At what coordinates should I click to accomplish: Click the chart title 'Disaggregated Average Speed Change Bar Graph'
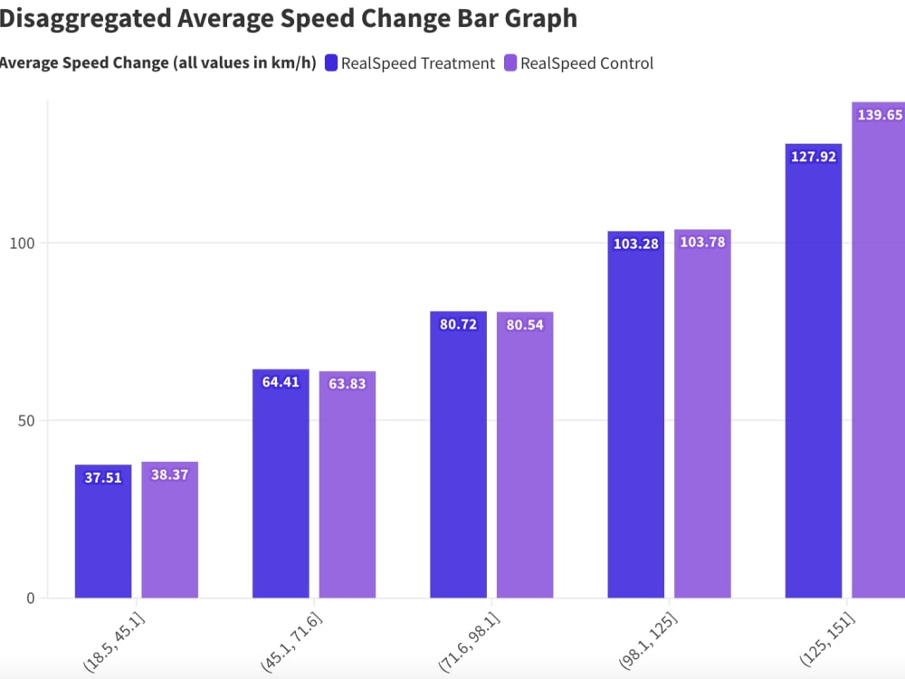288,18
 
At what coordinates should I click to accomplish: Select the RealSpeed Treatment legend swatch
331,63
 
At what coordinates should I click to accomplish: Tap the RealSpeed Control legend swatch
510,63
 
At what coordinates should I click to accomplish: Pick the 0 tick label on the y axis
30,598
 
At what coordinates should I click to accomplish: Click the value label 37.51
103,478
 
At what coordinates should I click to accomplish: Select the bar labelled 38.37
169,534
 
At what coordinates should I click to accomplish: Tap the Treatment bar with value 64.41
281,489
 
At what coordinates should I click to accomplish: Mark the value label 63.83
348,384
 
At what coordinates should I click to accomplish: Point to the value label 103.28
635,244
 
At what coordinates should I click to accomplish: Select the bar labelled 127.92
813,380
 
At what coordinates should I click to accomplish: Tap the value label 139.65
880,115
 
